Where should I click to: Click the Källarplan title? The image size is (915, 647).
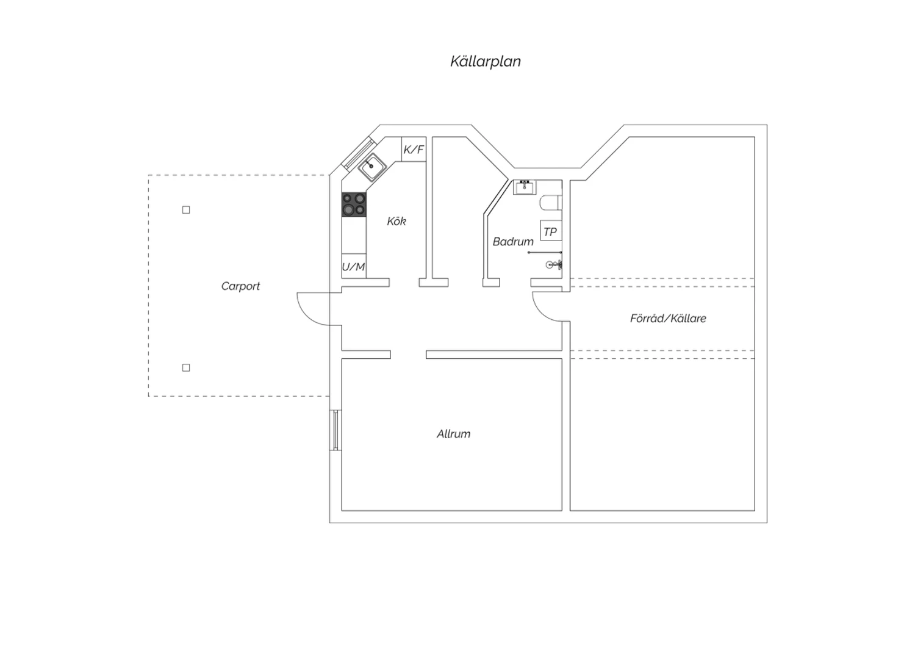pos(486,61)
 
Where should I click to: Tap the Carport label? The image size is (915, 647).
pos(240,286)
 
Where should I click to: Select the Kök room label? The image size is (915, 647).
pos(396,221)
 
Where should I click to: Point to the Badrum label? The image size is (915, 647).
pos(513,242)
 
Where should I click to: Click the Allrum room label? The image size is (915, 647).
pos(453,433)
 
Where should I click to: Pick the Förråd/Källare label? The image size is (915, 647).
pos(668,319)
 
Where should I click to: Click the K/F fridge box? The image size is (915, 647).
pos(414,149)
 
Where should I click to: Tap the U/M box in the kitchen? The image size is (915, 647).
pos(354,267)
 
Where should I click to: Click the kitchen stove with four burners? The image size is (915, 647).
pos(354,204)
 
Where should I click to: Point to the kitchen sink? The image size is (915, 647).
pos(373,167)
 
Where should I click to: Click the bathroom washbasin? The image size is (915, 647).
pos(525,187)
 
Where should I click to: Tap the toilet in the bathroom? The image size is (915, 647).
pos(551,203)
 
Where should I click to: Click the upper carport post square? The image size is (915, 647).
pos(186,210)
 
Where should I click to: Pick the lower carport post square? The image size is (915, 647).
pos(186,368)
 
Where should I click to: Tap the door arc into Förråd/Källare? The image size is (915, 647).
pos(541,313)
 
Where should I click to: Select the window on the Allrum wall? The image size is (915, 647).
pos(335,430)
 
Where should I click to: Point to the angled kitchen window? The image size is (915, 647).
pos(359,154)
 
